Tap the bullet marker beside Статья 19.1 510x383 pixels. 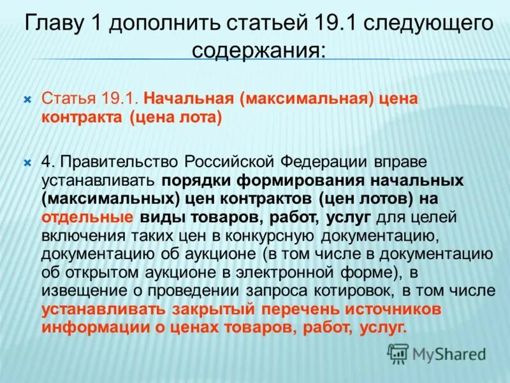tap(27, 100)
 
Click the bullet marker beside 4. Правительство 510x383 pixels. tap(27, 163)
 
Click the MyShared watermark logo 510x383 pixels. tap(437, 354)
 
